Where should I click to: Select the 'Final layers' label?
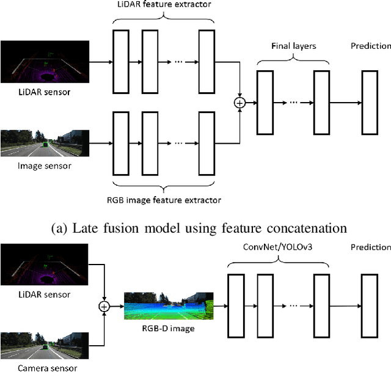tap(293, 45)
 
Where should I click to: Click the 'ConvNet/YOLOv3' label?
tap(277, 247)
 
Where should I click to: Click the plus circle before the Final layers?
tap(240, 103)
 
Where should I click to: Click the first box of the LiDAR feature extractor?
tap(122, 62)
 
